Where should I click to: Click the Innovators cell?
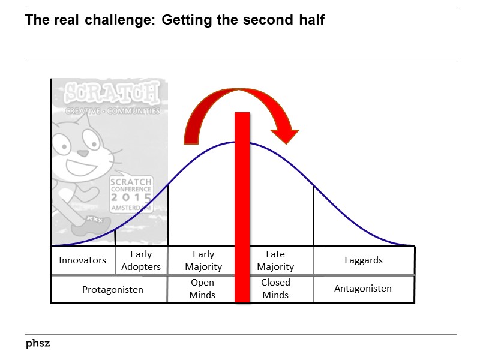click(x=82, y=260)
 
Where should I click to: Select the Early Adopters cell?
click(x=141, y=260)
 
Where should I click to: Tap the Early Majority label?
click(x=203, y=260)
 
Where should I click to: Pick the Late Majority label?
click(x=275, y=260)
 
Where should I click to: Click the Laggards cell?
click(x=364, y=260)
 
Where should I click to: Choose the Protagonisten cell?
click(x=113, y=289)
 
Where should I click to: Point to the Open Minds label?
click(x=202, y=289)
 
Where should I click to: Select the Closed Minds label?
click(x=275, y=289)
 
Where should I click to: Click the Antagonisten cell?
click(x=363, y=289)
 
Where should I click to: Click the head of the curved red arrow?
click(x=284, y=133)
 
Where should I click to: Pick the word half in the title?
click(x=310, y=20)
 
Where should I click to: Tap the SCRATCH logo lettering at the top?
click(x=112, y=93)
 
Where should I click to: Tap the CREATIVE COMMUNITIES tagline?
click(x=112, y=111)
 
